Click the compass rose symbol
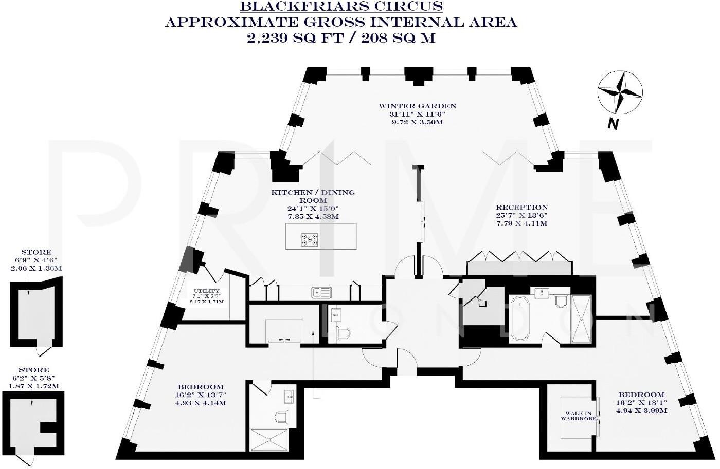point(620,93)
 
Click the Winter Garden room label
point(417,106)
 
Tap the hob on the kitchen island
point(310,239)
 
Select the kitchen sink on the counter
point(322,292)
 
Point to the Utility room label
point(207,291)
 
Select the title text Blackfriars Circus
point(341,7)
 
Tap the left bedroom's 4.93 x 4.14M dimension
point(200,403)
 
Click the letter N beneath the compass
point(611,124)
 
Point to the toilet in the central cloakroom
point(342,333)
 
